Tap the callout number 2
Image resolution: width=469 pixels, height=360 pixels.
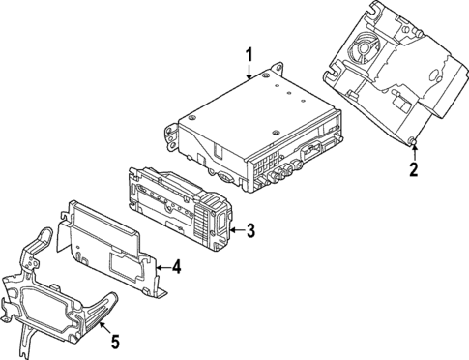pyautogui.click(x=414, y=171)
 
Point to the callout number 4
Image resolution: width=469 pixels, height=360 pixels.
pyautogui.click(x=177, y=267)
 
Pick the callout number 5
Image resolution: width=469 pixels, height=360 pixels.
pyautogui.click(x=114, y=341)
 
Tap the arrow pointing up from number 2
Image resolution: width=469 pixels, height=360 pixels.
pyautogui.click(x=414, y=151)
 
